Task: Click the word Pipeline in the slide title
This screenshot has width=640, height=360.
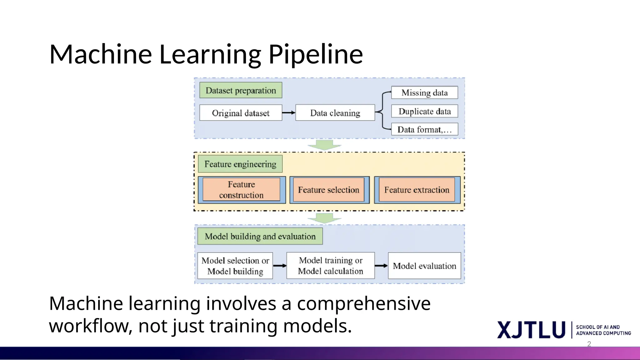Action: pyautogui.click(x=316, y=55)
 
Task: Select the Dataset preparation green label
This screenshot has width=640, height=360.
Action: pyautogui.click(x=241, y=90)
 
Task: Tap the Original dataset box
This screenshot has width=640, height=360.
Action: pyautogui.click(x=241, y=113)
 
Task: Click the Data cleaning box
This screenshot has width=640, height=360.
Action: pyautogui.click(x=335, y=113)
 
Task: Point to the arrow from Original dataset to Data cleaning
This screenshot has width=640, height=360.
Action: pyautogui.click(x=288, y=113)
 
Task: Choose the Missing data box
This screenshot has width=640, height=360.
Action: pyautogui.click(x=424, y=93)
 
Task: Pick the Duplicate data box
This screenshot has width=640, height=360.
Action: pyautogui.click(x=424, y=111)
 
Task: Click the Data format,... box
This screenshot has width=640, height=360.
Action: pyautogui.click(x=424, y=129)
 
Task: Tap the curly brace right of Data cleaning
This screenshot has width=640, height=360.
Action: pyautogui.click(x=382, y=111)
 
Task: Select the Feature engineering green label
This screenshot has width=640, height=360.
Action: pyautogui.click(x=240, y=164)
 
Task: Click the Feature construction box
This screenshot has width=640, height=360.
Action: pyautogui.click(x=241, y=190)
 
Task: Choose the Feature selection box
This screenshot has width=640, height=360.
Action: pyautogui.click(x=329, y=190)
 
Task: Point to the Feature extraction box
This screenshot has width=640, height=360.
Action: pyautogui.click(x=417, y=190)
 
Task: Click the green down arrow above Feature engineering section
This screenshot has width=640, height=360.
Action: pyautogui.click(x=324, y=145)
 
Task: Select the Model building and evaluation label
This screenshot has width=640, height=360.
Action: pyautogui.click(x=260, y=237)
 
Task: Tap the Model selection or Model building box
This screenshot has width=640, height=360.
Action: pyautogui.click(x=235, y=266)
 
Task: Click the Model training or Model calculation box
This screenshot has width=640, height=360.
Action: pyautogui.click(x=330, y=266)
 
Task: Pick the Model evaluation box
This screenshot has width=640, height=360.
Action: pyautogui.click(x=424, y=266)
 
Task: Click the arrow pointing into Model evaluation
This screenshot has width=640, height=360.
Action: pyautogui.click(x=381, y=266)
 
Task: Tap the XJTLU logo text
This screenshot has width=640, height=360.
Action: pyautogui.click(x=531, y=330)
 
